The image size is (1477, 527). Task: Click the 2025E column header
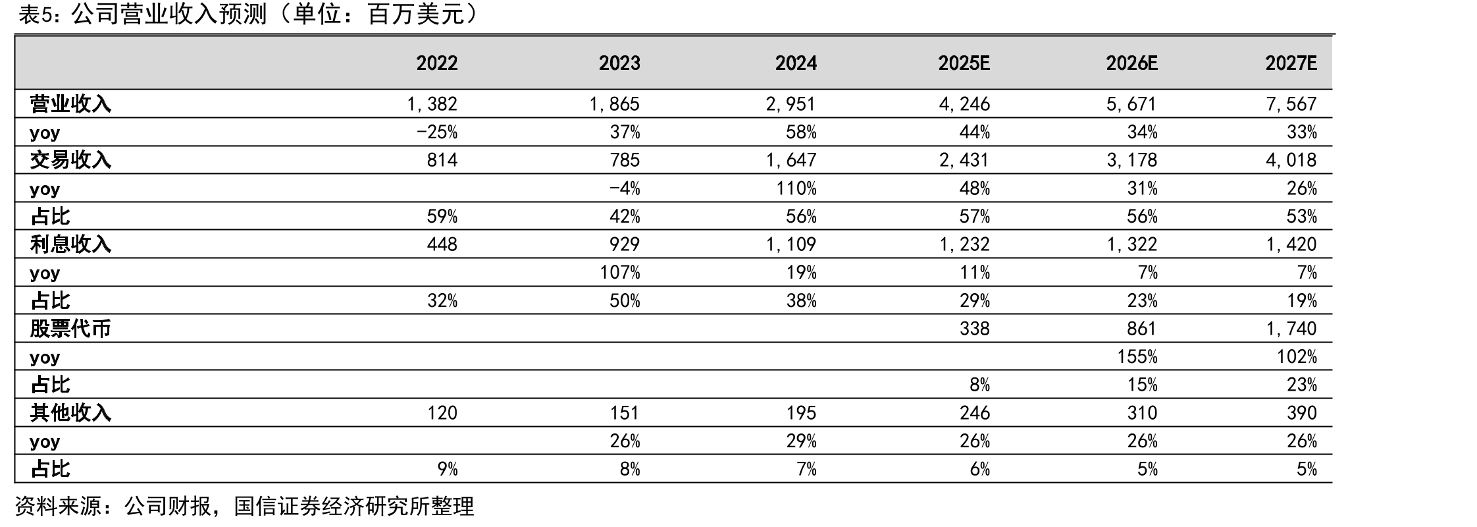pos(964,63)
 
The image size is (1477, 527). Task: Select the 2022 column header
pos(437,63)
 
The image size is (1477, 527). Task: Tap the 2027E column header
pos(1291,63)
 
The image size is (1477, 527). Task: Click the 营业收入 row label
pos(70,104)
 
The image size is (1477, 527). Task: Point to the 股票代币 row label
pos(70,329)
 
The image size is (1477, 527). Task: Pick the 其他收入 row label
pos(70,413)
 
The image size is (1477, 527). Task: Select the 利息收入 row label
pos(70,244)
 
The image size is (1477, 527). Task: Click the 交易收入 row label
pos(70,160)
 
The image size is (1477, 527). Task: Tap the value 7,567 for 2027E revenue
pos(1291,104)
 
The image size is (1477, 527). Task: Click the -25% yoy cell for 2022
pos(437,132)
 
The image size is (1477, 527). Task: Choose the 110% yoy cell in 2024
pos(796,188)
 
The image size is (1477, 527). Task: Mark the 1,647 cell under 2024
pos(790,160)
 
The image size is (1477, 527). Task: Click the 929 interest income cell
pos(624,244)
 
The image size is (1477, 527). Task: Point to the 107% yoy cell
pos(619,273)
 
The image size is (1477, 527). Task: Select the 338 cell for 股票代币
pos(974,329)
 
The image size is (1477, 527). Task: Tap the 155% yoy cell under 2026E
pos(1137,357)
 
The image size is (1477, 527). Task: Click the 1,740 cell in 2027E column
pos(1291,329)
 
